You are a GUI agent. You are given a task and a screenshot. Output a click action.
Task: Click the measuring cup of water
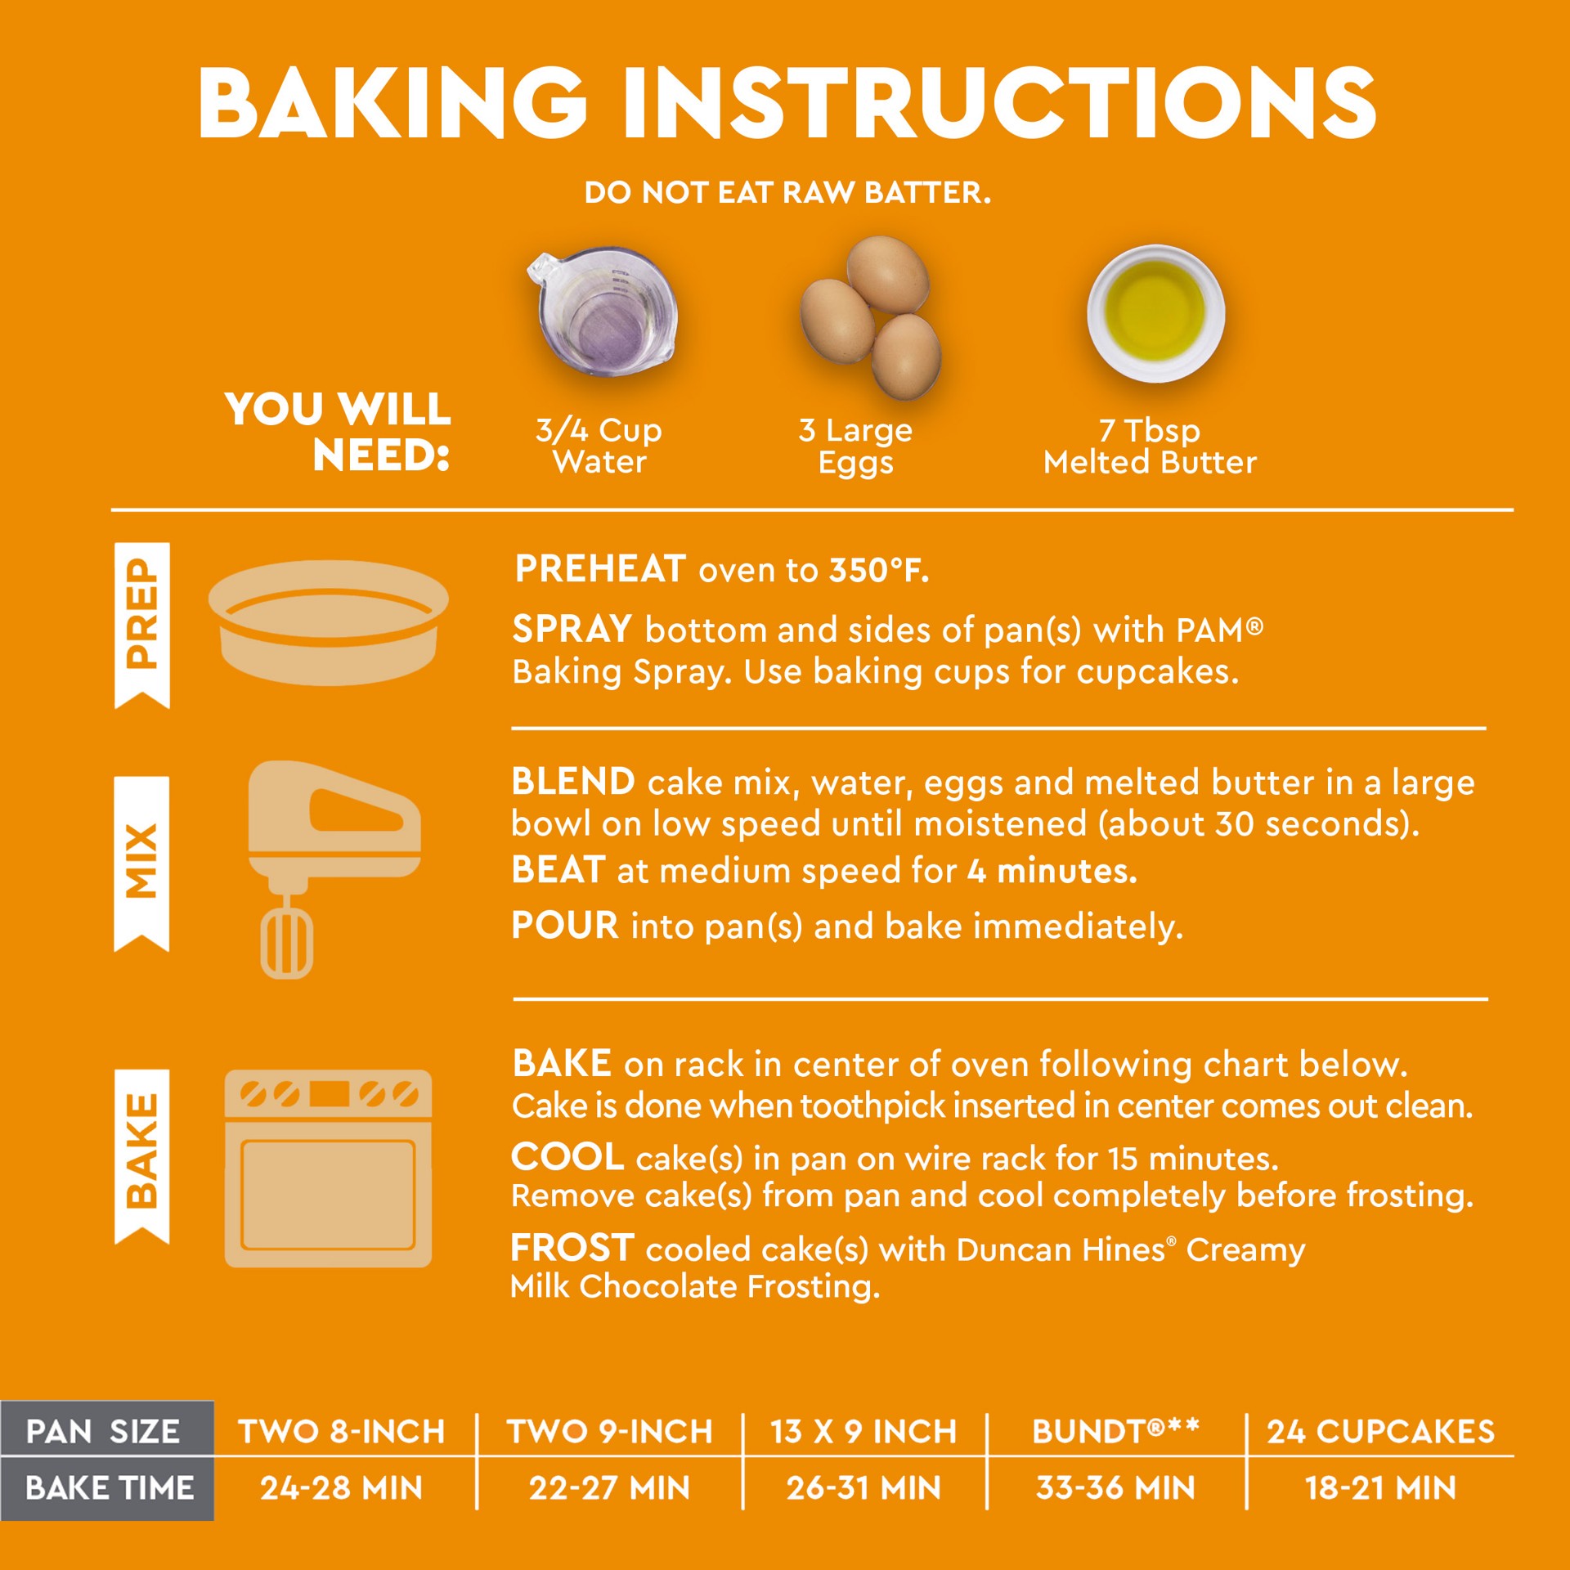603,311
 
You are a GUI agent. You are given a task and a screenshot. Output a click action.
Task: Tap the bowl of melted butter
1155,313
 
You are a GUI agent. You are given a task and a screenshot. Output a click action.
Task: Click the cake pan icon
329,622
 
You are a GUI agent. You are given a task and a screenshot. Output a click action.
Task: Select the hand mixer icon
334,869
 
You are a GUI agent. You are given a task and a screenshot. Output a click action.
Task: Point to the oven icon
328,1169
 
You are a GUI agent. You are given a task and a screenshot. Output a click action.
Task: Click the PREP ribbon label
142,625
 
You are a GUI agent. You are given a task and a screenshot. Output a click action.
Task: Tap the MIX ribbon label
141,863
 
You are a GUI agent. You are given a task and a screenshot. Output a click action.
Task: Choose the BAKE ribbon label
142,1156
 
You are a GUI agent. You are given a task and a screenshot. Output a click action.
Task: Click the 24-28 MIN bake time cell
341,1488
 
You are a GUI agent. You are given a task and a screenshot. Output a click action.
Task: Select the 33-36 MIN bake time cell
1115,1488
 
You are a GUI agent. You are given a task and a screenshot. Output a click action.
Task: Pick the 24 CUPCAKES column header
1381,1432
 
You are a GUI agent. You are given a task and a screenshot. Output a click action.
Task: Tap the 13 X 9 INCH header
863,1432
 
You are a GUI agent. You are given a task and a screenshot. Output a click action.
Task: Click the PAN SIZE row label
103,1432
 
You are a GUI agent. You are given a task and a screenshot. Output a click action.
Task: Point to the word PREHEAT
600,569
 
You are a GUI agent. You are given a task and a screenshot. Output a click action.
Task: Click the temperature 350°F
879,570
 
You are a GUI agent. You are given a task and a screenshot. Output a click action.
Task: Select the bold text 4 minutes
1052,871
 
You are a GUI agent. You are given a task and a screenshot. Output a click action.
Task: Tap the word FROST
572,1249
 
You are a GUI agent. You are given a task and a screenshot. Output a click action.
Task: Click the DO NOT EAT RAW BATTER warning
787,193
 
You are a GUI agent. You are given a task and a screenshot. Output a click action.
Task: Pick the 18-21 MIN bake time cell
1381,1488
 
